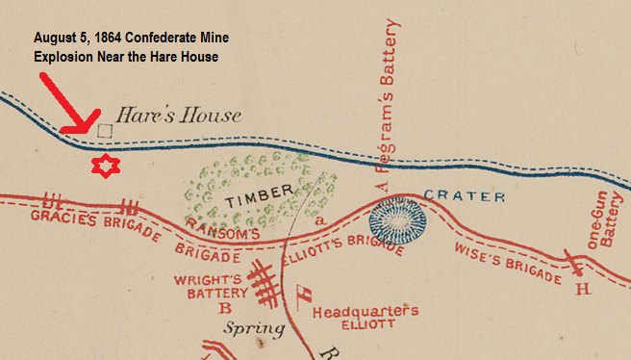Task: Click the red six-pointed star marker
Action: [102, 167]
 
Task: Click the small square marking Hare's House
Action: [105, 129]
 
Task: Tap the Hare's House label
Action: [179, 116]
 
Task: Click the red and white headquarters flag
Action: [303, 294]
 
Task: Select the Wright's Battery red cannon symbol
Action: [263, 282]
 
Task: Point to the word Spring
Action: [255, 329]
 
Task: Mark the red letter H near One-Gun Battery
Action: [581, 288]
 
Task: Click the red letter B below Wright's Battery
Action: [226, 308]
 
